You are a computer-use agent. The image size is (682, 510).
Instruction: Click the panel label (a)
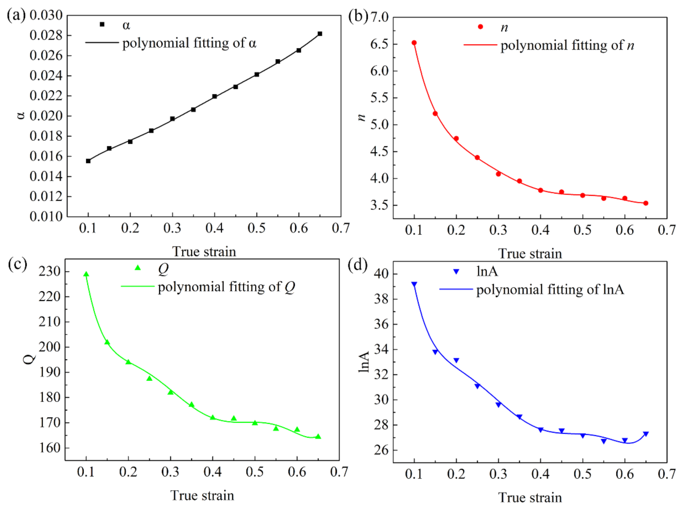(x=16, y=15)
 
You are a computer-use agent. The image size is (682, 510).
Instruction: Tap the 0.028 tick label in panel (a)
(x=46, y=35)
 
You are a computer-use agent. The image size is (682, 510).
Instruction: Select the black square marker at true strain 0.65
(x=320, y=34)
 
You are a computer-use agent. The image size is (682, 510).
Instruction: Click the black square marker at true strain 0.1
(x=88, y=161)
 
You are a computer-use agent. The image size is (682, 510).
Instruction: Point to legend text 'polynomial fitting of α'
(x=189, y=43)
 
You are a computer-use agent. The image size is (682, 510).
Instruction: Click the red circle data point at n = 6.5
(x=414, y=43)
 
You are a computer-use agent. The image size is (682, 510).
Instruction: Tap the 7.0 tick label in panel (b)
(x=380, y=17)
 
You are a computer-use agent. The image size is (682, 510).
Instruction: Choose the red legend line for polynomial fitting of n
(x=480, y=45)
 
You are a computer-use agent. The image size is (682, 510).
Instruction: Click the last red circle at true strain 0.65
(x=646, y=203)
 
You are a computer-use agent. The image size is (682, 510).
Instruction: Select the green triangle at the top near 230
(x=86, y=274)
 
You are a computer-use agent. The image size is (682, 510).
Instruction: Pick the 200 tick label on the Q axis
(x=50, y=347)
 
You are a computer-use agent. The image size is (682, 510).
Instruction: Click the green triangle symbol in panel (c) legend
(x=138, y=268)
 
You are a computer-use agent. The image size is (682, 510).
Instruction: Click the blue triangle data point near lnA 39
(x=414, y=284)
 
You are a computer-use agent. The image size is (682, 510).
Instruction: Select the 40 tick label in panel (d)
(x=381, y=274)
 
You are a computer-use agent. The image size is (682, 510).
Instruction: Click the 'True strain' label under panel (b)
(x=530, y=254)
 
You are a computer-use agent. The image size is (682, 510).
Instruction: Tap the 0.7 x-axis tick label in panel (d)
(x=667, y=474)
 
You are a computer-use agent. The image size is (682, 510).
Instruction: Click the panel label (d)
(x=357, y=265)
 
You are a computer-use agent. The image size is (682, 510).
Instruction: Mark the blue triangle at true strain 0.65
(x=646, y=434)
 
